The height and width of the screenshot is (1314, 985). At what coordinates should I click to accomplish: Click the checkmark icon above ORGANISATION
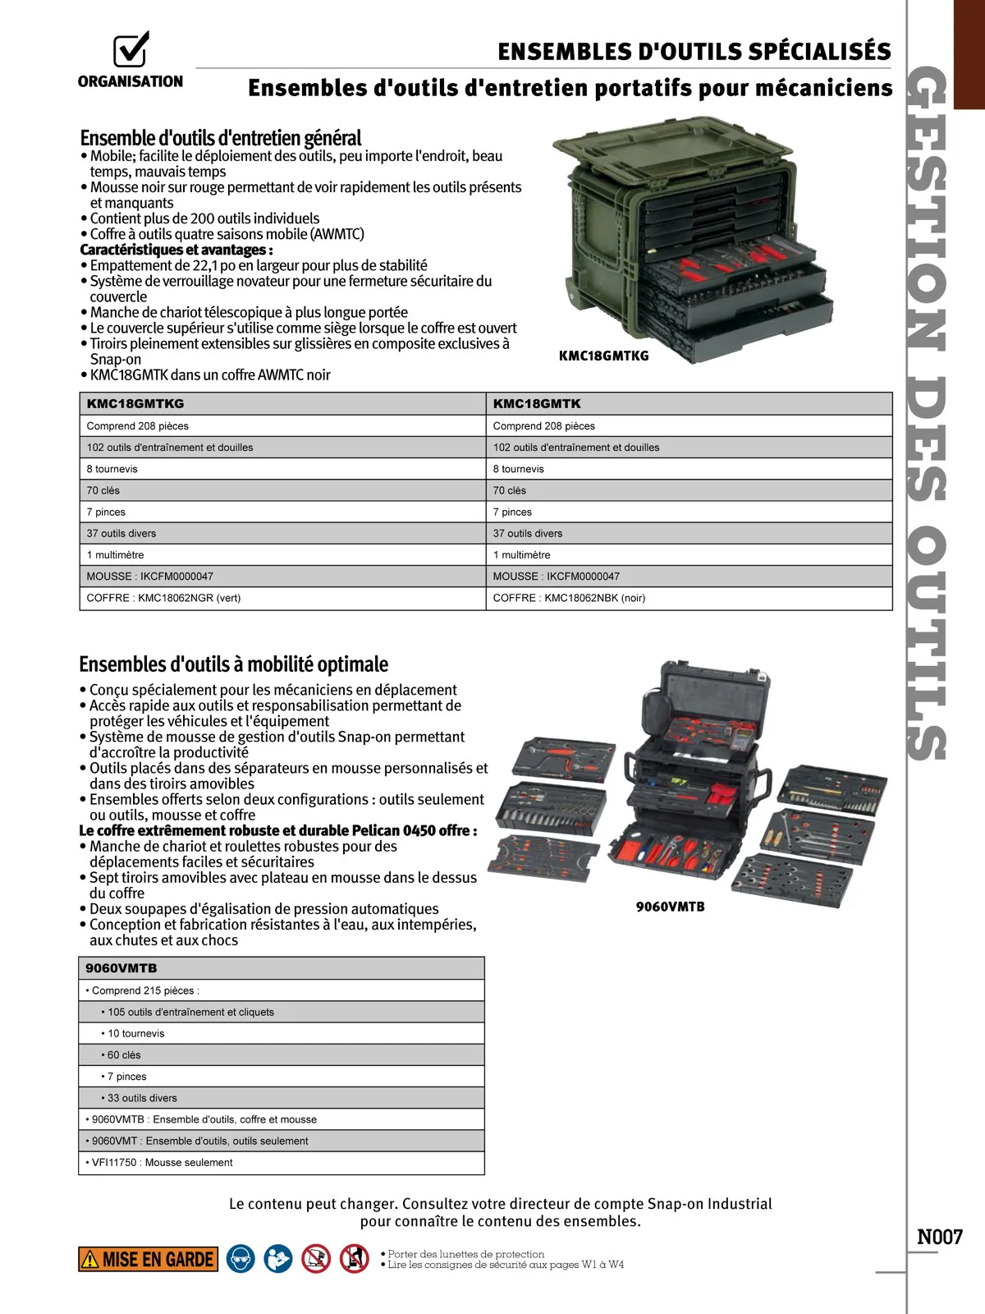131,49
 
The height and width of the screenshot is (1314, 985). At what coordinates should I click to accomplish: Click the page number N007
939,1237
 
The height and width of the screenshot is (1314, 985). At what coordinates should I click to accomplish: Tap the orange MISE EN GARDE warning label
149,1259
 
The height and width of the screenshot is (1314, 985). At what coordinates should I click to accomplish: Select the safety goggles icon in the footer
241,1259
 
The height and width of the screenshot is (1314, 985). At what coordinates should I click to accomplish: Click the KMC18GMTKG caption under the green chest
603,356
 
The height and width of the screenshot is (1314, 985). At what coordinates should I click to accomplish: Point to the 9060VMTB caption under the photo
670,907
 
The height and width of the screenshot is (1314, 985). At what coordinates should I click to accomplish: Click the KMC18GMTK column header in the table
537,403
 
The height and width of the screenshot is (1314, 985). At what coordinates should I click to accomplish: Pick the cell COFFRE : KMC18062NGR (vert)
164,598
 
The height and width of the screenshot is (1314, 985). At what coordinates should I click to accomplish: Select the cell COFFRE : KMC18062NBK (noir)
569,598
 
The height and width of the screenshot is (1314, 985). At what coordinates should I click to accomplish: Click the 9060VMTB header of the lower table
121,968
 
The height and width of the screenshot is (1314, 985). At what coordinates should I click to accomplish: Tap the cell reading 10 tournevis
135,1033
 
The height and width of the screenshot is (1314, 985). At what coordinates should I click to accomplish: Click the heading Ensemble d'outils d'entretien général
220,137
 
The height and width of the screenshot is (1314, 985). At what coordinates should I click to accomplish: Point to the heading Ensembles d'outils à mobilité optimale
233,664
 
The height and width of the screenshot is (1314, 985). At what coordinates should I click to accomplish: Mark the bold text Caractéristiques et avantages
176,250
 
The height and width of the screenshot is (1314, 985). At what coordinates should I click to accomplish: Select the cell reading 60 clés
124,1054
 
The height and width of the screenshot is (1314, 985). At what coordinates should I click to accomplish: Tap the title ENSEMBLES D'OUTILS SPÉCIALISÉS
694,52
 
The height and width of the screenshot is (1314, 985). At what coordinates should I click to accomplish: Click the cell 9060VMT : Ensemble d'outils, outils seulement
199,1141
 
